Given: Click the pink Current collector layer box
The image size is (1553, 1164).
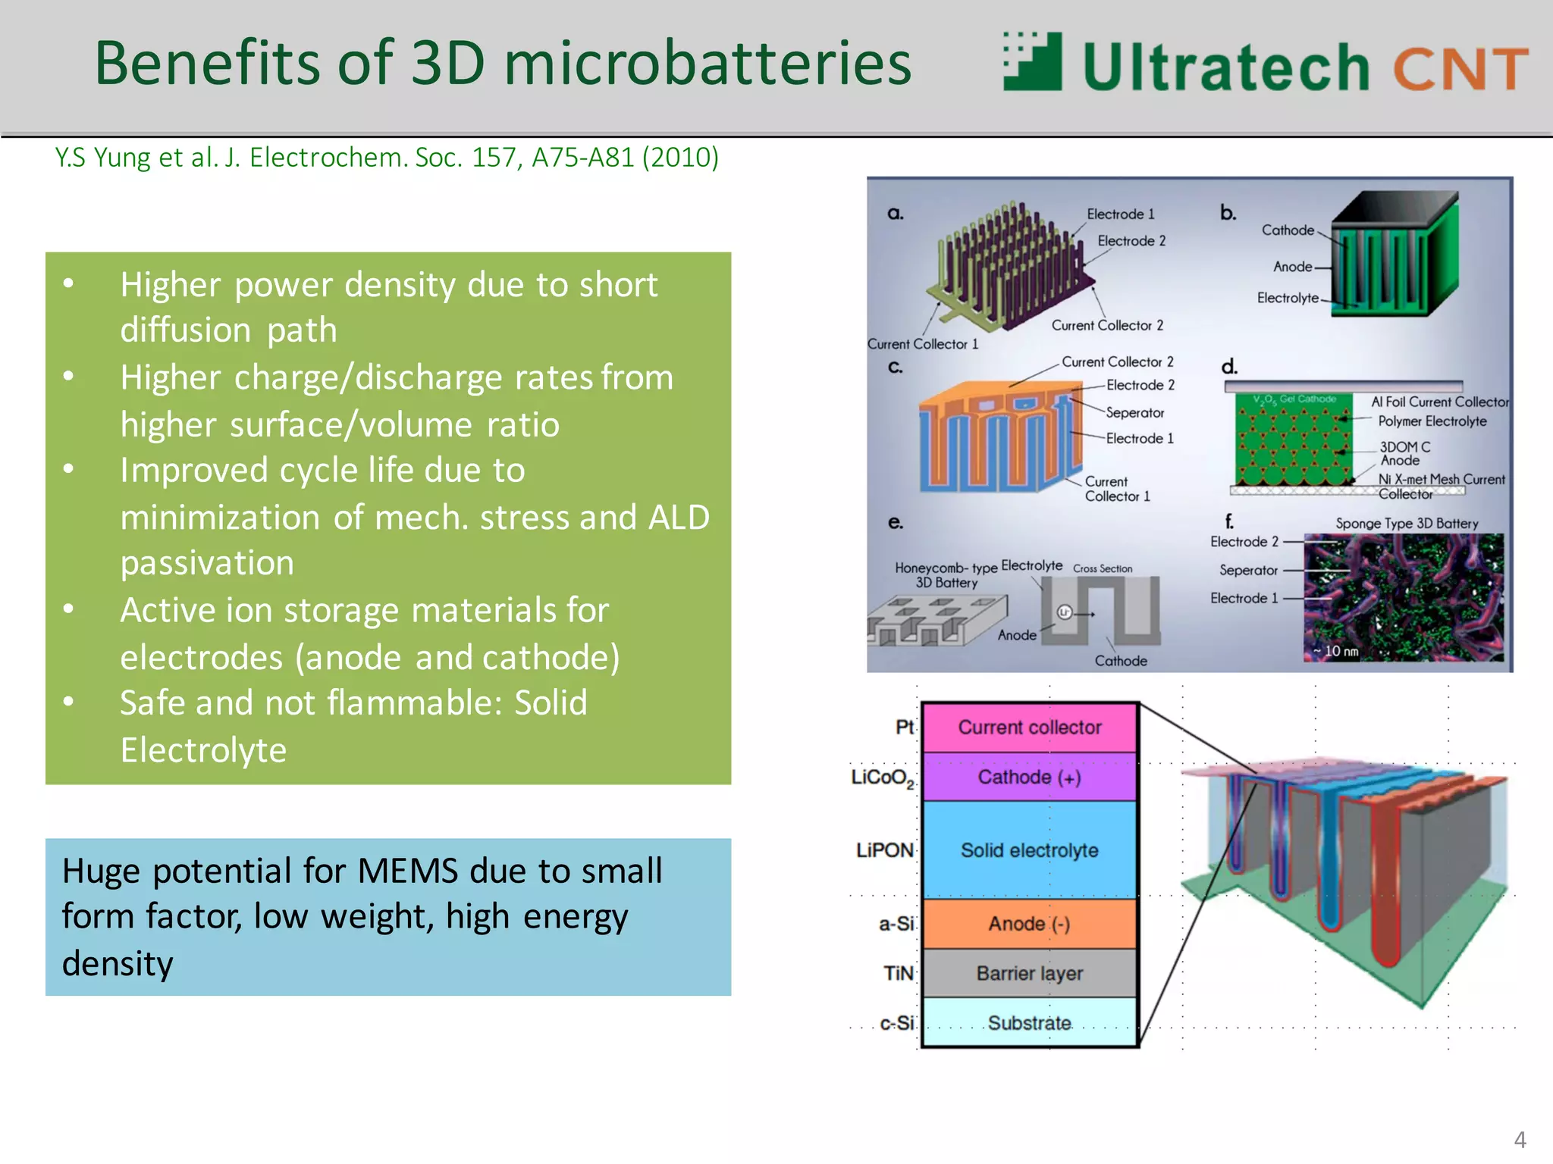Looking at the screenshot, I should pyautogui.click(x=1029, y=727).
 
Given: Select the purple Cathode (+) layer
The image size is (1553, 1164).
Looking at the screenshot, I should pyautogui.click(x=1029, y=778).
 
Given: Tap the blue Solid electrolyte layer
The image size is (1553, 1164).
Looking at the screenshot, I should pyautogui.click(x=1029, y=850).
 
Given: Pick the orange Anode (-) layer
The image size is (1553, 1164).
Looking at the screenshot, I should pyautogui.click(x=1029, y=924).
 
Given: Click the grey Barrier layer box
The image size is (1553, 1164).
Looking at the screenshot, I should pyautogui.click(x=1029, y=973).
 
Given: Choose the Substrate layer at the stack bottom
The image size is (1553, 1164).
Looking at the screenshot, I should pyautogui.click(x=1029, y=1023).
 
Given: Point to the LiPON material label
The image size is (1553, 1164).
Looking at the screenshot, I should pyautogui.click(x=884, y=850).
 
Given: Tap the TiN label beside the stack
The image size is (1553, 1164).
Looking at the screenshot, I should pyautogui.click(x=898, y=973).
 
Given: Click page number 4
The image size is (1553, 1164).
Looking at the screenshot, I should pyautogui.click(x=1520, y=1140).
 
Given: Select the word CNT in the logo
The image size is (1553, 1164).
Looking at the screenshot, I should pyautogui.click(x=1460, y=69).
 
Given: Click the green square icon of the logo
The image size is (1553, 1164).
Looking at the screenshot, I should pyautogui.click(x=1033, y=61).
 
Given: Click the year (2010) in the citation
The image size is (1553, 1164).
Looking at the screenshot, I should pyautogui.click(x=680, y=158).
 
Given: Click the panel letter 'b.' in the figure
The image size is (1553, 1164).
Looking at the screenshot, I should pyautogui.click(x=1228, y=214).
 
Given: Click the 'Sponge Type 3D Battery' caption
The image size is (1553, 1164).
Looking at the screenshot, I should pyautogui.click(x=1407, y=524).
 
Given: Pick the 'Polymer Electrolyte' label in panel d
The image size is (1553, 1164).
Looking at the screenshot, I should pyautogui.click(x=1432, y=421).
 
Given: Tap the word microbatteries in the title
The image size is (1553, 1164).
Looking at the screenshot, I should pyautogui.click(x=707, y=64).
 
